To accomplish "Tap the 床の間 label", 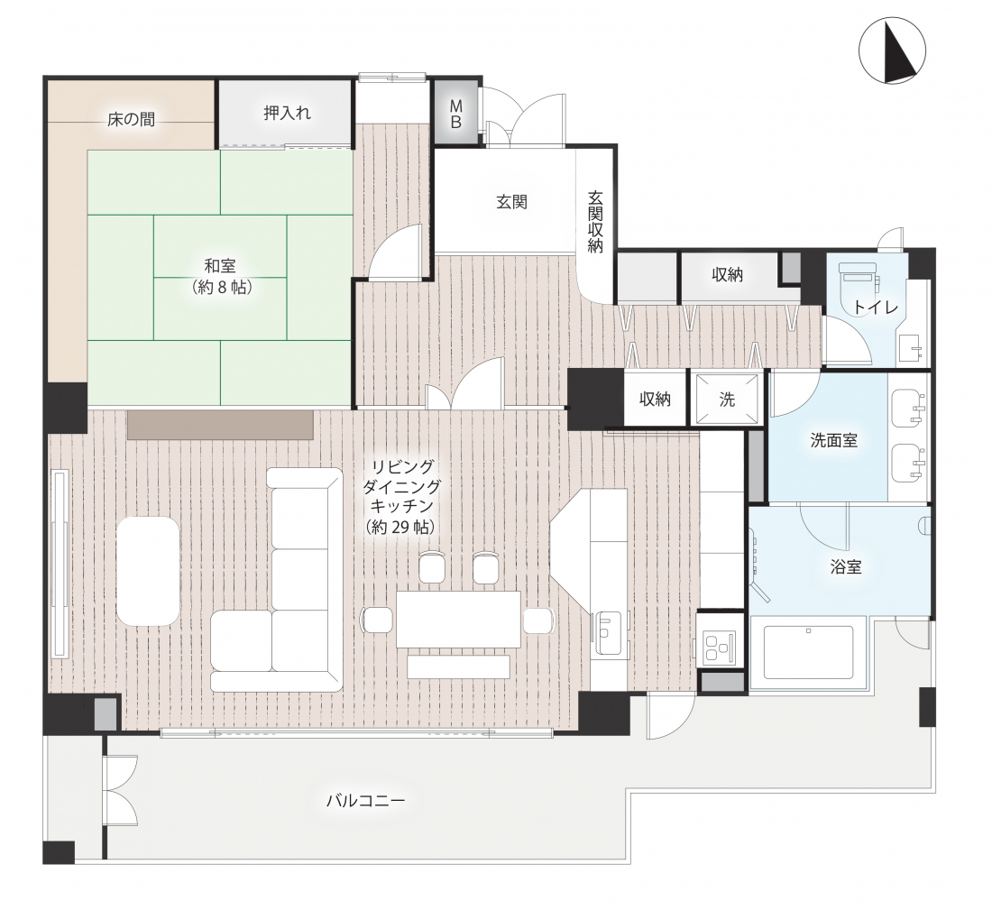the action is click(131, 119).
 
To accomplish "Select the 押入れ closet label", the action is click(287, 114).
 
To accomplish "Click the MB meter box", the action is click(456, 114).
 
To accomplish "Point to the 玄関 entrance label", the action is click(511, 202).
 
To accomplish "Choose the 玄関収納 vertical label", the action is click(594, 222).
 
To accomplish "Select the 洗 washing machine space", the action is click(727, 399).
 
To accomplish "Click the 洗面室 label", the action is click(834, 440).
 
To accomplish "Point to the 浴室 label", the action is click(846, 566).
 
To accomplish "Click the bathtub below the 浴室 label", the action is click(809, 652).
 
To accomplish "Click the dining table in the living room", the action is click(458, 620).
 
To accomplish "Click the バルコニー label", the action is click(365, 801).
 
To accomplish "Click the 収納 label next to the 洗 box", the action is click(655, 400).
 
